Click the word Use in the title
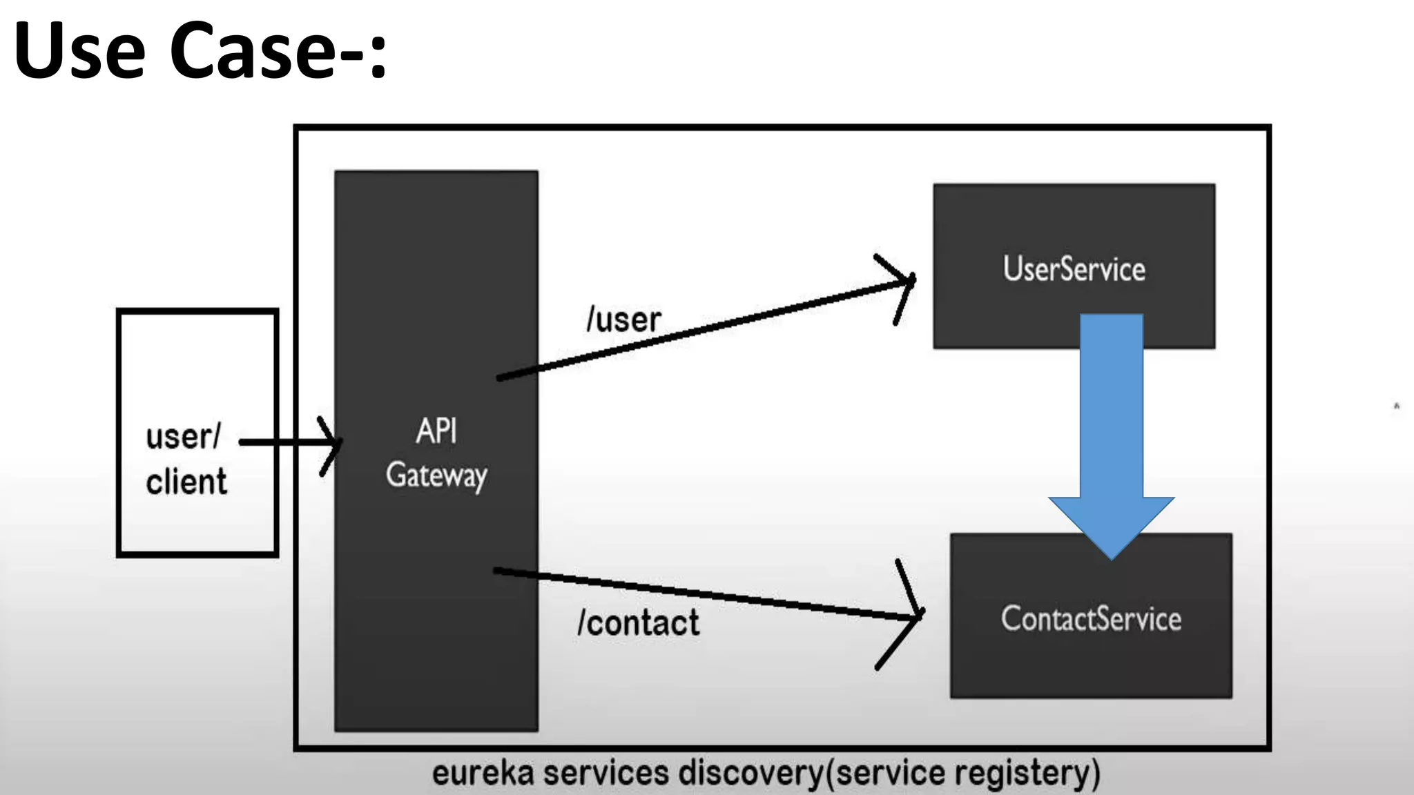[x=79, y=50]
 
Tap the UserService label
[x=1074, y=268]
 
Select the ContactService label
[x=1091, y=618]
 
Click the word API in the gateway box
[x=436, y=431]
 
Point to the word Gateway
[x=436, y=475]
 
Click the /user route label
[x=623, y=320]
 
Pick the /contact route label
[x=639, y=622]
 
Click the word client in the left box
[x=186, y=481]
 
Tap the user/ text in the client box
[x=183, y=437]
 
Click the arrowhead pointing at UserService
[x=904, y=283]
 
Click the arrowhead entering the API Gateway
[x=333, y=443]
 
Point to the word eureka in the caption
[x=483, y=773]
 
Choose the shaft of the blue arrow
[x=1111, y=407]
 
